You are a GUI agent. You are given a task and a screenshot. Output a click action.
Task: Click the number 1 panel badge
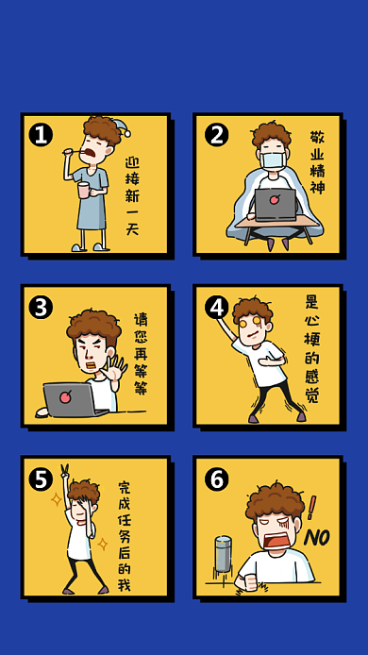click(41, 135)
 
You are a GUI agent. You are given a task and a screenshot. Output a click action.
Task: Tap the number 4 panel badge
click(216, 307)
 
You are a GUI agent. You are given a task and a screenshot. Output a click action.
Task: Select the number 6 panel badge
click(216, 479)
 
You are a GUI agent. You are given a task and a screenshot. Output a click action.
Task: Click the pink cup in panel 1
click(84, 189)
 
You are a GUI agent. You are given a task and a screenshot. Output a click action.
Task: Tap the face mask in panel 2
click(273, 160)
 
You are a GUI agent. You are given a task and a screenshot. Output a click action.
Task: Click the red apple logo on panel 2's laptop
click(275, 199)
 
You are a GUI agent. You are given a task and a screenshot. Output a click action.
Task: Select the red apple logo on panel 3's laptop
click(65, 396)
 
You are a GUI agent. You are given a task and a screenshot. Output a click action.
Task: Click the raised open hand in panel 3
click(113, 367)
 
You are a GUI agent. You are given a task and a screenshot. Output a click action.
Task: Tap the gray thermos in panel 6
click(223, 553)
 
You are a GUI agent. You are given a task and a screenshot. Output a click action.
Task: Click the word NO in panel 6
click(317, 538)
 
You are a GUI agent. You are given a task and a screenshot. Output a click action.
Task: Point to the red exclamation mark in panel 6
click(311, 507)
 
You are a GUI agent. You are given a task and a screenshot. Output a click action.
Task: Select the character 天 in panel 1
click(132, 229)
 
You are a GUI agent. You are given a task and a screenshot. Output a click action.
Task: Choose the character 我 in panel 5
click(124, 585)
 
